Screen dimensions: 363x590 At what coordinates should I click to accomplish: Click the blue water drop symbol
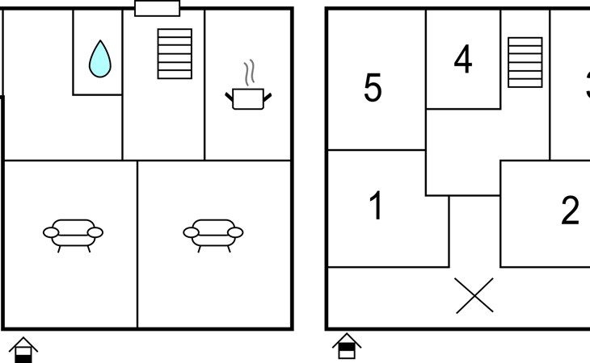pos(99,60)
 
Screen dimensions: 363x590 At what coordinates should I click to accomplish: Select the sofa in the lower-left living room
pos(73,233)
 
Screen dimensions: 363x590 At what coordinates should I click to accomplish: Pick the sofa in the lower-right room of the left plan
pos(213,233)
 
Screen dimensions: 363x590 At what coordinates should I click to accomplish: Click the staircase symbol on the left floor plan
pos(175,53)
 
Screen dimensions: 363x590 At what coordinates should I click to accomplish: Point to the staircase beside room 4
pos(525,61)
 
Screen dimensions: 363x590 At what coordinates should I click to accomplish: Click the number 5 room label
pos(373,87)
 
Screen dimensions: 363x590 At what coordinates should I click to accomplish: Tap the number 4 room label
pos(462,60)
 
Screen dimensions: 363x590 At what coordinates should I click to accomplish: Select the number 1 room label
pos(376,207)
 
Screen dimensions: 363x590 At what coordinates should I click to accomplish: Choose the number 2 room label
pos(571,211)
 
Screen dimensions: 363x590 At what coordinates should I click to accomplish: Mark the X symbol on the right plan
pos(474,295)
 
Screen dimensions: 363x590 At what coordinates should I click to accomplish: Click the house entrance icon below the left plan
pos(24,349)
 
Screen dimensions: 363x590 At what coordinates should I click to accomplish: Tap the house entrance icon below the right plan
pos(347,346)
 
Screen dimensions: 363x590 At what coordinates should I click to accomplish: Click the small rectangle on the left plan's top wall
pos(157,9)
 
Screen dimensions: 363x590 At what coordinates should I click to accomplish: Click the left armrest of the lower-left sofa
pos(50,233)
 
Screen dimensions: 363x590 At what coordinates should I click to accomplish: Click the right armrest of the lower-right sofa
pos(236,233)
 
